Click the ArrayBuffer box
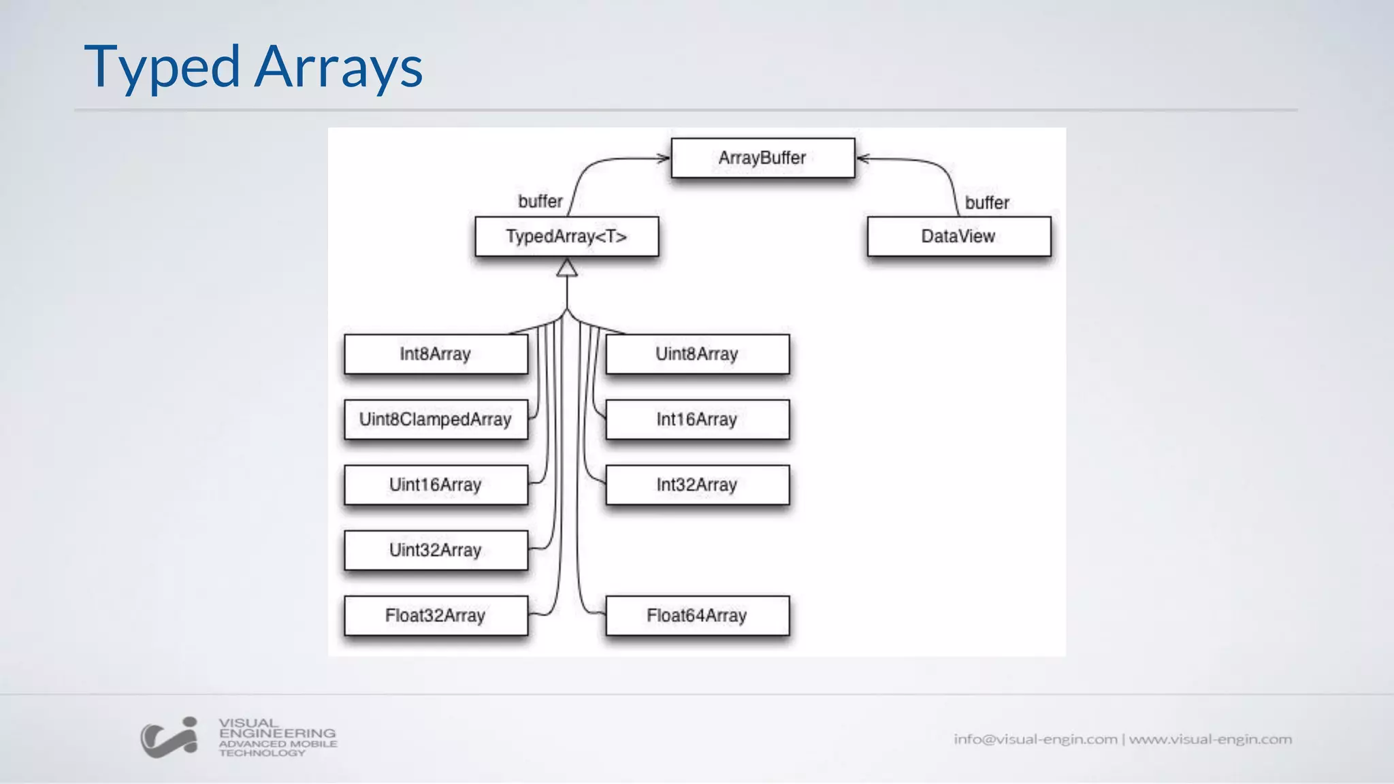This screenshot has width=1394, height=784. pyautogui.click(x=762, y=158)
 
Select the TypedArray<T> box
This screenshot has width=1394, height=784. pyautogui.click(x=566, y=236)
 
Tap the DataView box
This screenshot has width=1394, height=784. pyautogui.click(x=958, y=236)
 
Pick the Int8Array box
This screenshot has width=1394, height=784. pyautogui.click(x=436, y=354)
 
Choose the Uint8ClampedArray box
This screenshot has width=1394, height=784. pyautogui.click(x=436, y=419)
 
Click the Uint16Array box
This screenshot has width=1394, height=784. pyautogui.click(x=436, y=485)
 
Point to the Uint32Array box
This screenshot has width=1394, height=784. pyautogui.click(x=436, y=550)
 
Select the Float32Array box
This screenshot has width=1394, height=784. pyautogui.click(x=436, y=615)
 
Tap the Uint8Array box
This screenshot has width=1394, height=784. pyautogui.click(x=697, y=354)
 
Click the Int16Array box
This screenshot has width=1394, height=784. pyautogui.click(x=697, y=419)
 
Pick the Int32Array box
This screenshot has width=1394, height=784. pyautogui.click(x=697, y=485)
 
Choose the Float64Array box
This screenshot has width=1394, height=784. pyautogui.click(x=697, y=615)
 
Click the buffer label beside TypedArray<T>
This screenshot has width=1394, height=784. pyautogui.click(x=540, y=201)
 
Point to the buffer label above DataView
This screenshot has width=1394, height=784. pyautogui.click(x=987, y=203)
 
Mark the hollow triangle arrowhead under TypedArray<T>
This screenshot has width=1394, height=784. pyautogui.click(x=566, y=268)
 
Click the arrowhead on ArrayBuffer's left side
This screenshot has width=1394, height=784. pyautogui.click(x=664, y=159)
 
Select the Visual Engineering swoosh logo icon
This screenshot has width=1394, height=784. pyautogui.click(x=169, y=738)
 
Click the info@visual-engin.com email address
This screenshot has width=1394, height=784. pyautogui.click(x=1035, y=739)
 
